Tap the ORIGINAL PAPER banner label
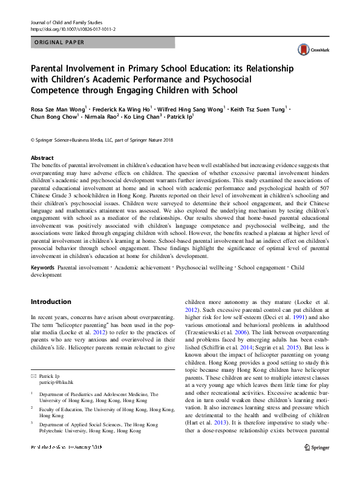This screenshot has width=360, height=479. coord(59,42)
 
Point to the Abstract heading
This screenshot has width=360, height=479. coord(42,157)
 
